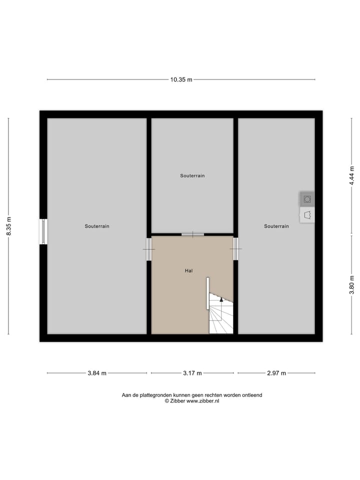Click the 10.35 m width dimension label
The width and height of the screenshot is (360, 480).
click(181, 79)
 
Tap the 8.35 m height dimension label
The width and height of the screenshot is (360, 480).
click(8, 226)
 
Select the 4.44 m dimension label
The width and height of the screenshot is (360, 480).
click(351, 175)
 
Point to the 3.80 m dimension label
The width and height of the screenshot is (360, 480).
click(351, 285)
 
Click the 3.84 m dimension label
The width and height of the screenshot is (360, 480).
click(96, 373)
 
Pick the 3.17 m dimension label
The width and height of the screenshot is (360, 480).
click(192, 373)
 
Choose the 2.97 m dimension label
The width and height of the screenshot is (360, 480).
click(276, 373)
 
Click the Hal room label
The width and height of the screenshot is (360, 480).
click(188, 270)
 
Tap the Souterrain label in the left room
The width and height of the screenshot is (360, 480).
click(97, 226)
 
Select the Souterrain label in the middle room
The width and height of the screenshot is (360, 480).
click(192, 175)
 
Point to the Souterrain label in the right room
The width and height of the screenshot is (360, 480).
click(276, 226)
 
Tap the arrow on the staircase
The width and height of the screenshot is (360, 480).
click(221, 299)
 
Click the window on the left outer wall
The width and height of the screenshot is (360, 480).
click(43, 232)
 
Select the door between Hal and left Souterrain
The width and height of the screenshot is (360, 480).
click(148, 248)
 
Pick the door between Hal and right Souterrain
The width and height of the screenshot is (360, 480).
click(235, 248)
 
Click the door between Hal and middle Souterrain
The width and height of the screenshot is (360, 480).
click(192, 234)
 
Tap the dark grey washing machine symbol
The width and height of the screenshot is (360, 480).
click(307, 199)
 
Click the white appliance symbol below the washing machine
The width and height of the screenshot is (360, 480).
click(307, 215)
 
